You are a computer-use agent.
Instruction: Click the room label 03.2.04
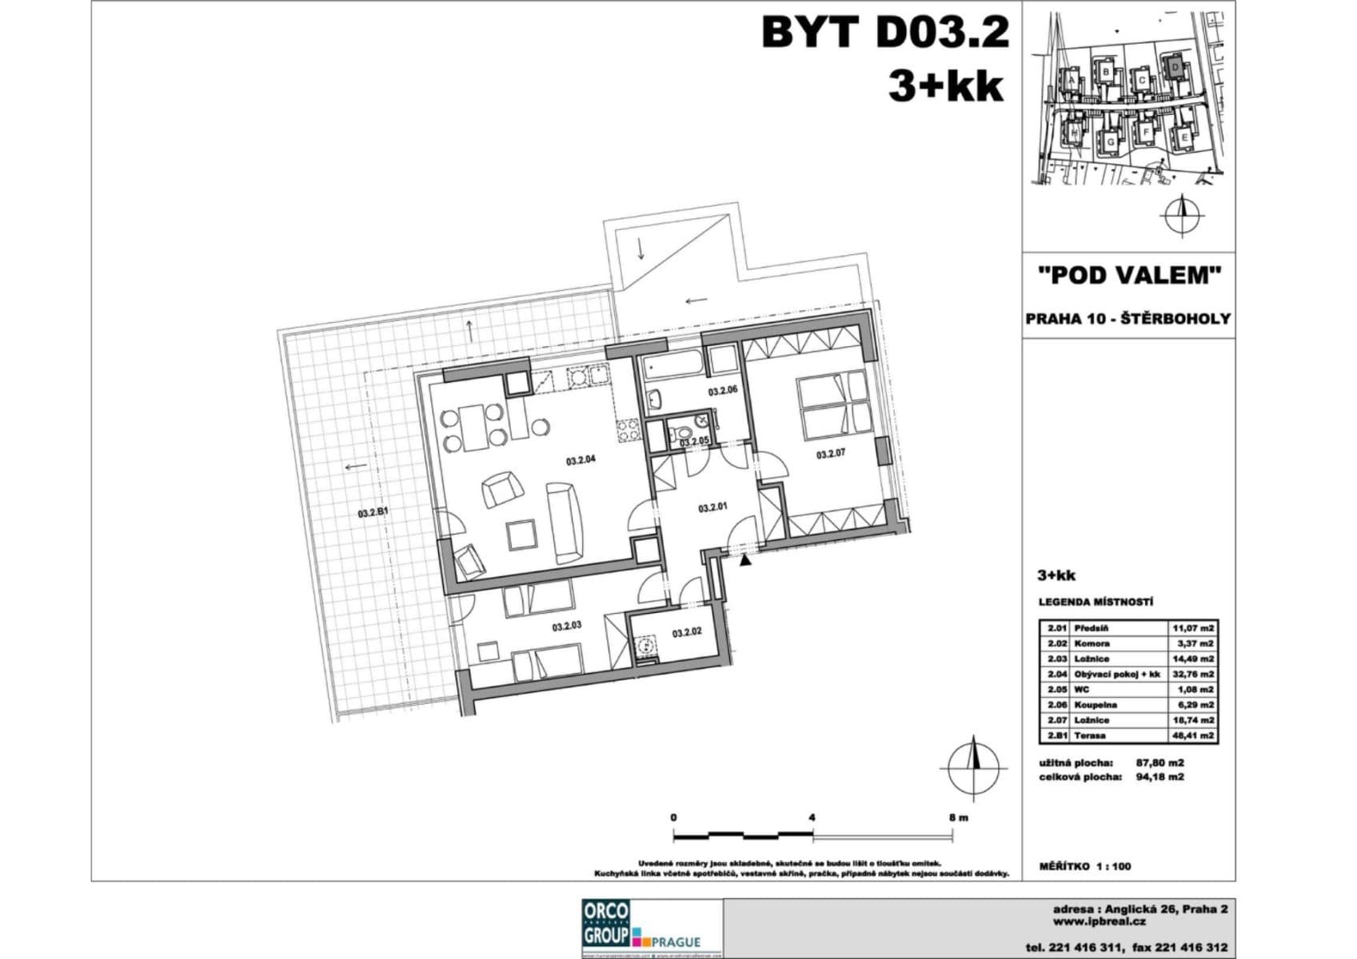(581, 460)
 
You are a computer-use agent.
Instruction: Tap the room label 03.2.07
(831, 455)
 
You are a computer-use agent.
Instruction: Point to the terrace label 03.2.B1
(373, 514)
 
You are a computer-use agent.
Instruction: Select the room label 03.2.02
(687, 633)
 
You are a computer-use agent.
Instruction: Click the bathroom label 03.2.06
(723, 392)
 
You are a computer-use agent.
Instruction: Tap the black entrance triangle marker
(746, 562)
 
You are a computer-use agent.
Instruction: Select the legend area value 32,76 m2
(1192, 674)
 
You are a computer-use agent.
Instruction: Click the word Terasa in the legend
(1090, 735)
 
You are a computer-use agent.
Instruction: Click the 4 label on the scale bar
(812, 818)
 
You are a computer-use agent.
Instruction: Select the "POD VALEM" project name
(1128, 276)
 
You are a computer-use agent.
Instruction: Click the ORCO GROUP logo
(605, 925)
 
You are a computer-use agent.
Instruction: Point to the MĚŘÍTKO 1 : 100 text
(1084, 866)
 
